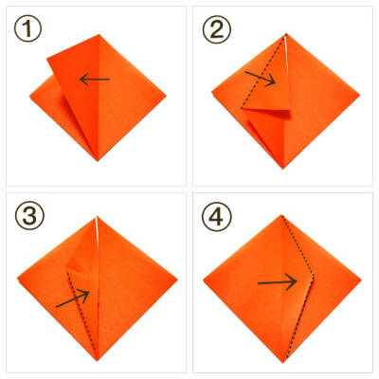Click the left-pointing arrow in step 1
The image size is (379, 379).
[92, 80]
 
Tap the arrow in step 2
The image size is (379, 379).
[260, 78]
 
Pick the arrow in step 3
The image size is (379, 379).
[73, 299]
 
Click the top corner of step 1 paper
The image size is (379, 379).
[99, 34]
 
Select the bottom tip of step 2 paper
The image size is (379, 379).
[282, 169]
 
